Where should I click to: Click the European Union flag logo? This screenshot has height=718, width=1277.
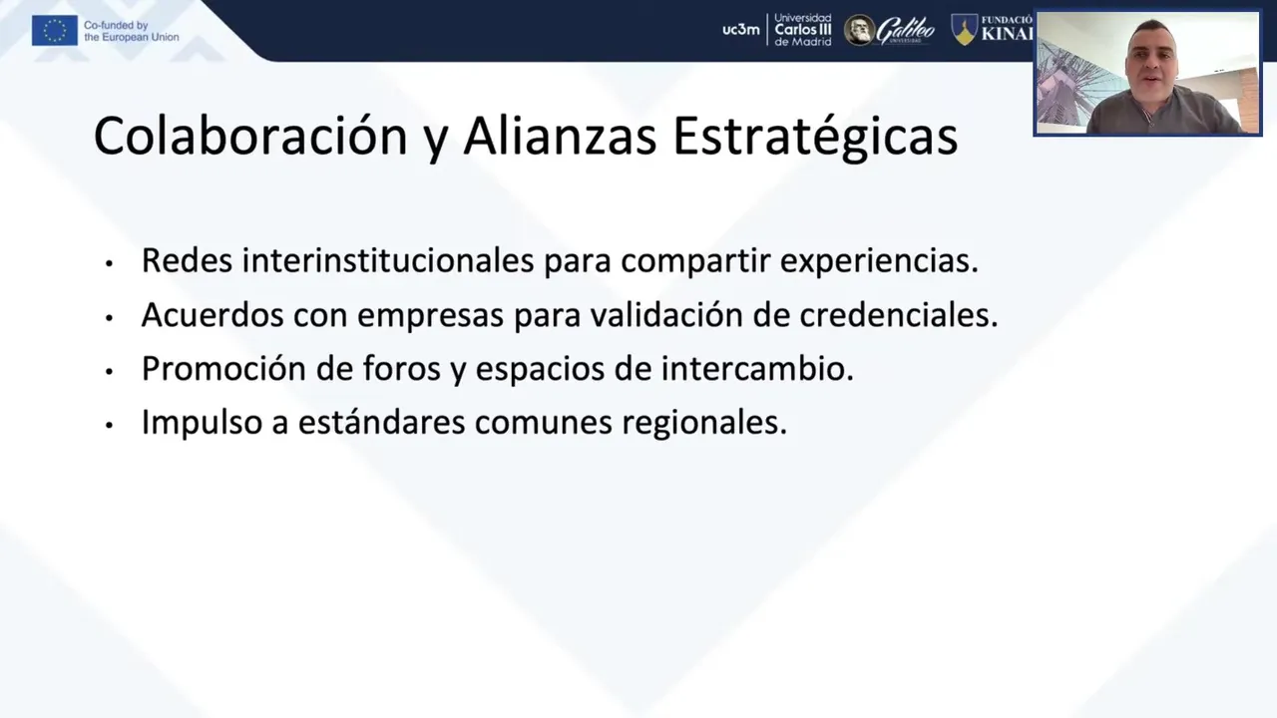tap(55, 30)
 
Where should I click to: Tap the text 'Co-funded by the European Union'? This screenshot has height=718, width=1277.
tap(131, 31)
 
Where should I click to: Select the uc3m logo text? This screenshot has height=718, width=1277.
tap(741, 30)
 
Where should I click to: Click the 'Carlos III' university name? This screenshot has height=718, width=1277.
tap(803, 30)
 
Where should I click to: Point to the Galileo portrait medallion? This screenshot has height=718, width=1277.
tap(859, 30)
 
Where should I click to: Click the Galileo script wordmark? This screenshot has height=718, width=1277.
tap(905, 30)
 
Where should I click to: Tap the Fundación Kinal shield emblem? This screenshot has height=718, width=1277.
tap(965, 30)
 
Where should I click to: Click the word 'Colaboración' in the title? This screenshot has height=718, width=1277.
tap(250, 136)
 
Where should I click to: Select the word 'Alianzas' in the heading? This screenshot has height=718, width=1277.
tap(560, 136)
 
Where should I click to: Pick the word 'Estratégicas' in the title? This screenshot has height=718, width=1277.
tap(815, 137)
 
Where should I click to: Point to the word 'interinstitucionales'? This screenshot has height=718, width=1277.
tap(388, 260)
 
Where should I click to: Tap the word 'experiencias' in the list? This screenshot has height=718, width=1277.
tap(879, 262)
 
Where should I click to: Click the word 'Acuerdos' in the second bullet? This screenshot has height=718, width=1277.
tap(213, 314)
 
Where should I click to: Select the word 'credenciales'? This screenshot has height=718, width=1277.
tap(899, 314)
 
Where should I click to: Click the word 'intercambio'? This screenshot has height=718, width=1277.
tap(757, 369)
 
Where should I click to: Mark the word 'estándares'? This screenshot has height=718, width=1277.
tap(381, 422)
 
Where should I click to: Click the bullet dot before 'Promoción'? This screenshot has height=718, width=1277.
tap(110, 372)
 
